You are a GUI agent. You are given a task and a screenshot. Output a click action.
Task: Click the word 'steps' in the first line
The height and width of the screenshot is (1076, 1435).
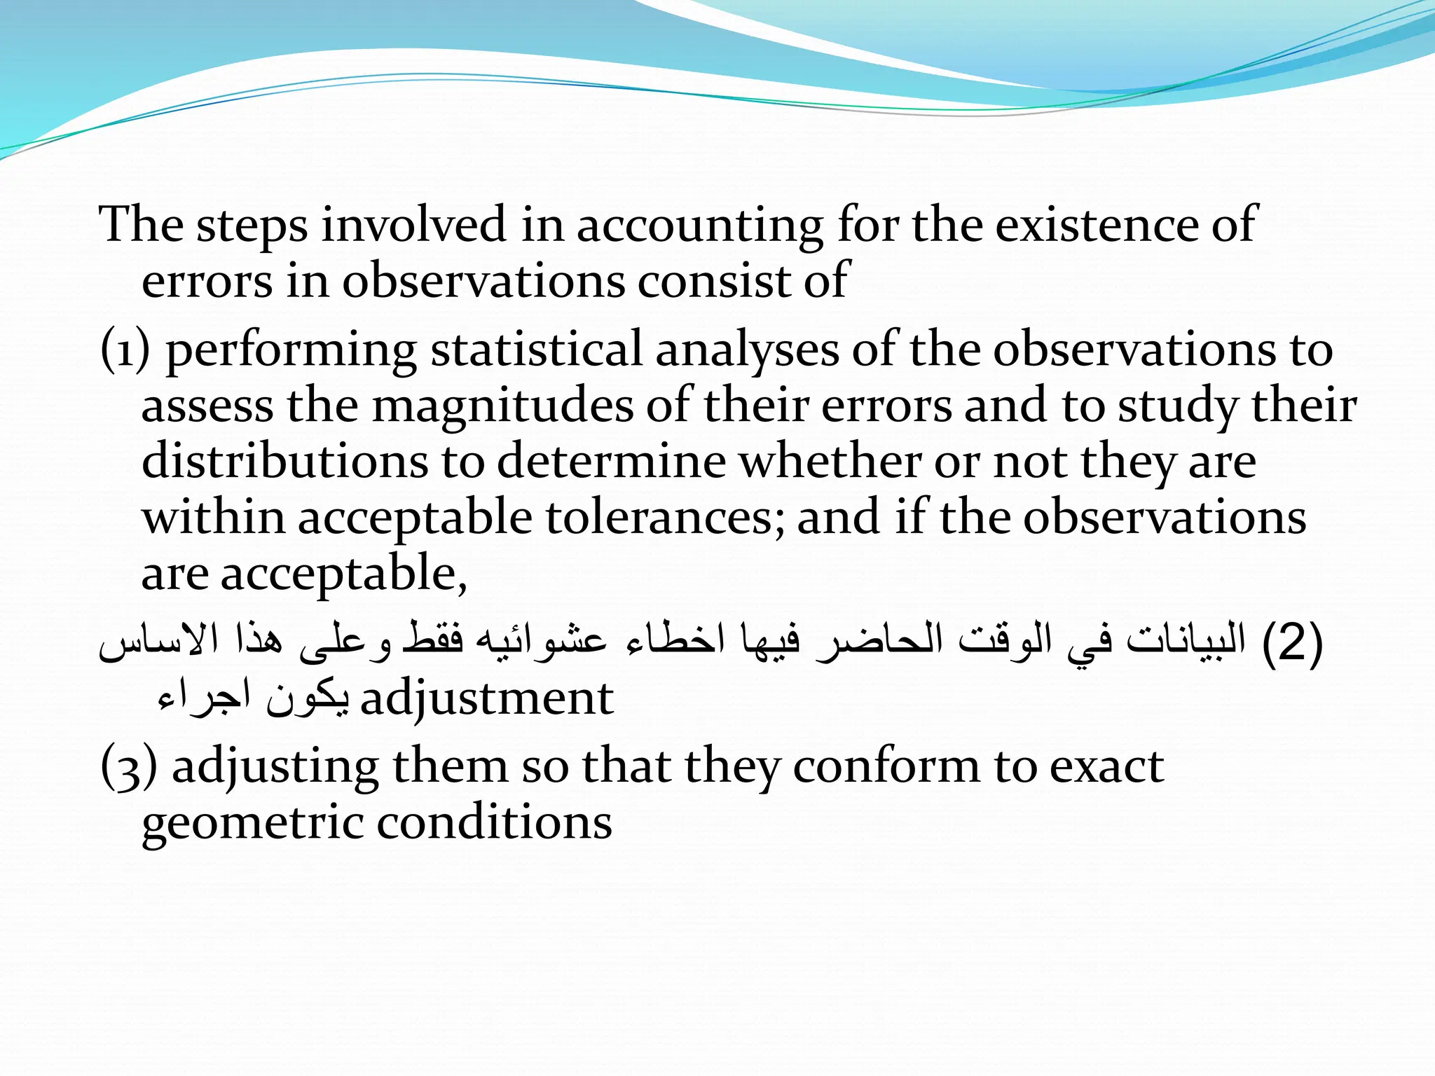point(251,226)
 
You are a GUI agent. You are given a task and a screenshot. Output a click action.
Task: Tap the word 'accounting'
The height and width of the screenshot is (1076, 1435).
point(699,226)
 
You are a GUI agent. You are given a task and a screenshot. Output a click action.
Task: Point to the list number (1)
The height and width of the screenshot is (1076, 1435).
point(125,350)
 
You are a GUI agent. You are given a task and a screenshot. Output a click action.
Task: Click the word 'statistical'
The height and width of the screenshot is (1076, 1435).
point(536,350)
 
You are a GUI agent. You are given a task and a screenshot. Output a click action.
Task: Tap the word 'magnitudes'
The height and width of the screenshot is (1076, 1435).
point(502,406)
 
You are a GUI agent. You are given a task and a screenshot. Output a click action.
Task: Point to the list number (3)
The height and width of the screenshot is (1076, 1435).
point(128,766)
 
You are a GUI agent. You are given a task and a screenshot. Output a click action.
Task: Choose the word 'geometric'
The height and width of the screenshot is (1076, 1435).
point(252,823)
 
